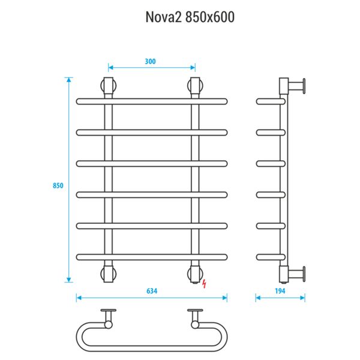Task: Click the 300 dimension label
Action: pyautogui.click(x=151, y=61)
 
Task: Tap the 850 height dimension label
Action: pyautogui.click(x=58, y=185)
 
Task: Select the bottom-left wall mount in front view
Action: pyautogui.click(x=109, y=273)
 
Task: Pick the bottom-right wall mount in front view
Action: pyautogui.click(x=194, y=273)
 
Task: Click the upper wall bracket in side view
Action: pyautogui.click(x=296, y=86)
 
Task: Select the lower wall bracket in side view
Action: pyautogui.click(x=296, y=273)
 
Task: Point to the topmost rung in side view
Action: pyautogui.click(x=270, y=101)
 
